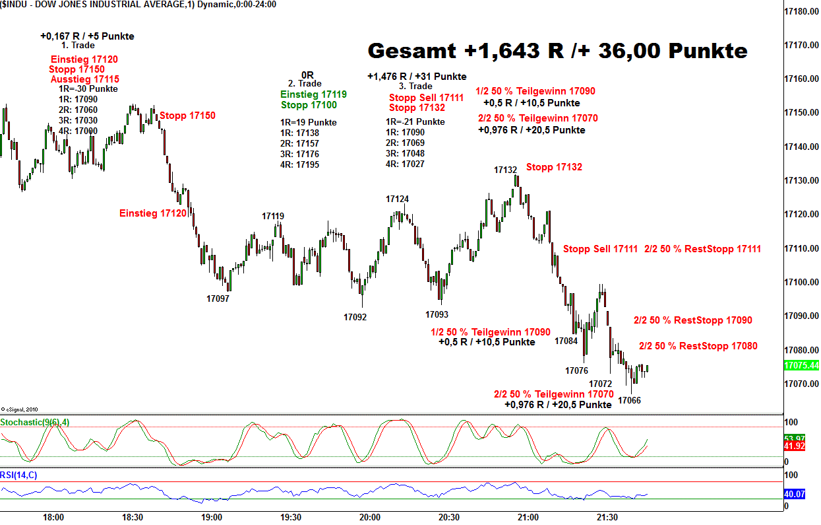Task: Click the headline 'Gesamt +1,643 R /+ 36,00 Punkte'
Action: coord(557,51)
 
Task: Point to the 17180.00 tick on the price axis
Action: coord(801,12)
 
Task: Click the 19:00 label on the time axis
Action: coord(211,517)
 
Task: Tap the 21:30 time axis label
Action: coord(607,517)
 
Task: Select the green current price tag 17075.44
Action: coord(801,365)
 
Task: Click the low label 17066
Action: coord(629,400)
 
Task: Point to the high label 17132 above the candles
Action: coord(506,170)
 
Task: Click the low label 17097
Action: coord(218,298)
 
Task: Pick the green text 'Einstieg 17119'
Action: coord(313,94)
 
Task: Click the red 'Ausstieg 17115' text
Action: coord(85,79)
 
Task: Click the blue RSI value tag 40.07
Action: coord(795,494)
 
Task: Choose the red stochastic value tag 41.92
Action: coord(795,446)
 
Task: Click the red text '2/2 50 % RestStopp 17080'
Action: coord(698,346)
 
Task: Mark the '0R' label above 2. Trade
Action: coord(307,75)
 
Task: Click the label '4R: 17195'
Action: coord(300,164)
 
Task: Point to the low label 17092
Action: coord(355,317)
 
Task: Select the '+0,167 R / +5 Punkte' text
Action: coord(87,36)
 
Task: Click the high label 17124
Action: coord(397,199)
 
